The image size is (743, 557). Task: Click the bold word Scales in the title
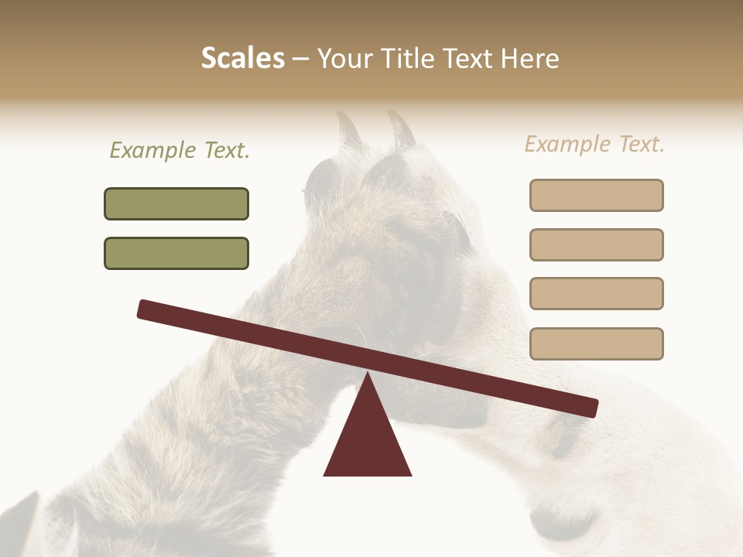[x=242, y=59]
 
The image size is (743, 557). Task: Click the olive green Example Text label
[x=180, y=150]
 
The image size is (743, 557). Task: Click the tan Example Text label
[x=594, y=144]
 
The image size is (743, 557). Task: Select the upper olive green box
[x=176, y=203]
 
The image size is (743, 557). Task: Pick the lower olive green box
[x=176, y=253]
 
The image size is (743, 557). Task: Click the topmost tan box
[x=596, y=195]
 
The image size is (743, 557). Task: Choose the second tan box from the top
[x=596, y=244]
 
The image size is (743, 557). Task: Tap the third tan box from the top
[x=596, y=293]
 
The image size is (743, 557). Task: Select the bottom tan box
[x=596, y=343]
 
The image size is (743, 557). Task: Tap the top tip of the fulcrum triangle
[x=368, y=374]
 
